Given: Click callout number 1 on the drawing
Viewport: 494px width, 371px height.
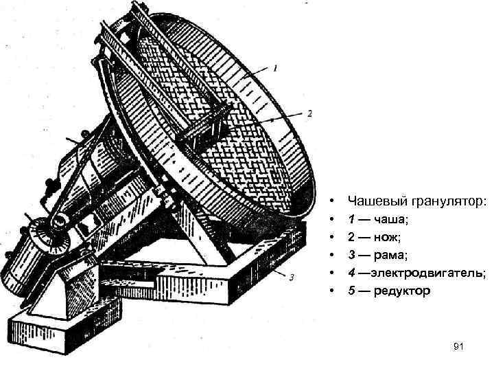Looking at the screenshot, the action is (275, 67).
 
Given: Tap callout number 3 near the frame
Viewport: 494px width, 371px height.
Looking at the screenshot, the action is (292, 278).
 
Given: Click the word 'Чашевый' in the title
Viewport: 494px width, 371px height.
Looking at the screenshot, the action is (379, 201).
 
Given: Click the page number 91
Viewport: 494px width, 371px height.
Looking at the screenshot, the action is (459, 348).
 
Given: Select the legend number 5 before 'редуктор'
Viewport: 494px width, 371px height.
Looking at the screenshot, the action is (352, 291).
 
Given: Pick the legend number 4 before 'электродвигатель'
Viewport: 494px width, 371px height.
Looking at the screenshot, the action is (352, 273).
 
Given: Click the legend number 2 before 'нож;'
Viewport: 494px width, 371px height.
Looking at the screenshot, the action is (352, 237).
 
